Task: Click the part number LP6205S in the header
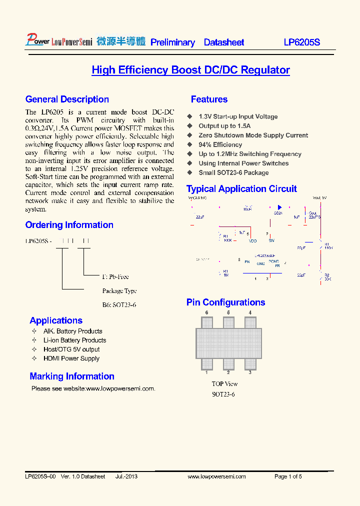[x=301, y=42]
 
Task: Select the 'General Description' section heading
[x=67, y=99]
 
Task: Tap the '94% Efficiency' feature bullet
[x=220, y=144]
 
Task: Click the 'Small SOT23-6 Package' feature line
[x=233, y=172]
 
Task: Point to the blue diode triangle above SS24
[x=279, y=207]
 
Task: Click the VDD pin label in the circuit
[x=253, y=240]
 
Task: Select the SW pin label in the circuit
[x=271, y=240]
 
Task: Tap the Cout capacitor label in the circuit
[x=313, y=213]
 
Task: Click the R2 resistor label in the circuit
[x=327, y=275]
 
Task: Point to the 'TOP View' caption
[x=224, y=384]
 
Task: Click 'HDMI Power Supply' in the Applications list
[x=71, y=358]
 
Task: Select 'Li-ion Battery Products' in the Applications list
[x=74, y=340]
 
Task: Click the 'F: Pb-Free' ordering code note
[x=115, y=276]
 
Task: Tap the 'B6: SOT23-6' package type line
[x=119, y=304]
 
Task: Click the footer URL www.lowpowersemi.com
[x=216, y=476]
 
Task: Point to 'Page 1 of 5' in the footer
[x=288, y=476]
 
